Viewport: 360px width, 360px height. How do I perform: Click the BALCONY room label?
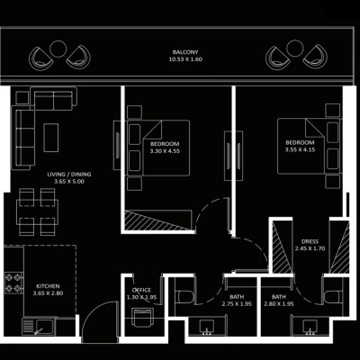pyautogui.click(x=185, y=52)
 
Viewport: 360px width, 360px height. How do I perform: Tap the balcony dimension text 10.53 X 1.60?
pyautogui.click(x=185, y=59)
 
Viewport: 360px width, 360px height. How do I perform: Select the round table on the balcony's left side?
pyautogui.click(x=58, y=49)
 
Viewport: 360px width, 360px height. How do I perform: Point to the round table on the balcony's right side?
pyautogui.click(x=294, y=48)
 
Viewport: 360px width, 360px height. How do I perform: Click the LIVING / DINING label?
pyautogui.click(x=69, y=175)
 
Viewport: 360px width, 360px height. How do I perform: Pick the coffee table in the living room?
pyautogui.click(x=51, y=138)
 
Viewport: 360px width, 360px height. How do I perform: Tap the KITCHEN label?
pyautogui.click(x=48, y=286)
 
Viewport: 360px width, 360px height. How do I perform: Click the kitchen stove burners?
pyautogui.click(x=13, y=283)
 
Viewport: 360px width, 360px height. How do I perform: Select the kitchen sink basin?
pyautogui.click(x=44, y=327)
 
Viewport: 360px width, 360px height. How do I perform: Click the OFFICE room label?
pyautogui.click(x=141, y=290)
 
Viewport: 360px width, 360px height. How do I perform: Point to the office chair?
pyautogui.click(x=143, y=318)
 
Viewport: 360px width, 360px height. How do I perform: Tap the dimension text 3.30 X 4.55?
pyautogui.click(x=165, y=151)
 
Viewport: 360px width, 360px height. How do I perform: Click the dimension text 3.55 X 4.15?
pyautogui.click(x=300, y=149)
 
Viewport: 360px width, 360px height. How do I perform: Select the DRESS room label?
pyautogui.click(x=310, y=241)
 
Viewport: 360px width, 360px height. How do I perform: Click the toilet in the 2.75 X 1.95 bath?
pyautogui.click(x=184, y=296)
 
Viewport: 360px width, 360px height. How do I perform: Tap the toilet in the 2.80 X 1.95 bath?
pyautogui.click(x=332, y=296)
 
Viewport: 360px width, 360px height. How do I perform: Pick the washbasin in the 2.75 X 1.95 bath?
pyautogui.click(x=207, y=327)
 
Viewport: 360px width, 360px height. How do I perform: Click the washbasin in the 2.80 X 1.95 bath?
pyautogui.click(x=310, y=327)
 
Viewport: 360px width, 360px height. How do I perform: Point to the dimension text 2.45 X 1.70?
pyautogui.click(x=310, y=248)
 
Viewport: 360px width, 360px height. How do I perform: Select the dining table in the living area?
pyautogui.click(x=37, y=211)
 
